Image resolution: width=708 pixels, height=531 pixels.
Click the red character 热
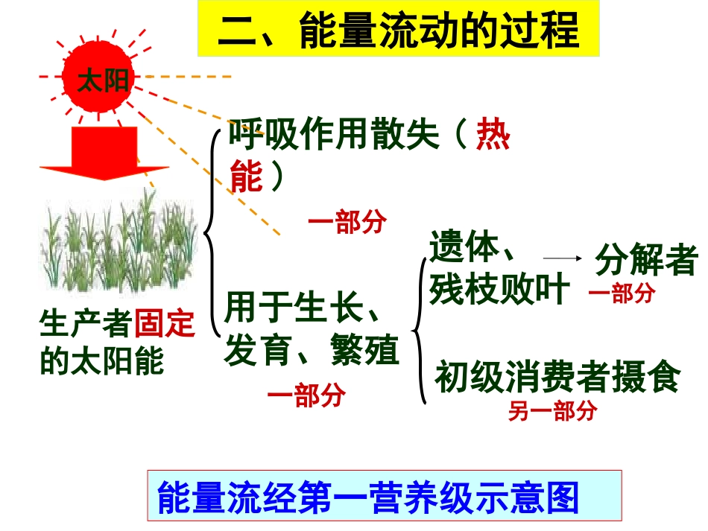pos(493,136)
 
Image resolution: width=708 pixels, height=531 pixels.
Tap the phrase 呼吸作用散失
pos(334,136)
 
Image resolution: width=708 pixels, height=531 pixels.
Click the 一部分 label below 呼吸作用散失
pos(347,222)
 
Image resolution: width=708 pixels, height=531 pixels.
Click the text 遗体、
pos(472,247)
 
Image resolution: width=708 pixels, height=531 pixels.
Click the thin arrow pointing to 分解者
pos(562,258)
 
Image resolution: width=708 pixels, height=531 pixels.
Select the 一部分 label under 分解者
pos(622,293)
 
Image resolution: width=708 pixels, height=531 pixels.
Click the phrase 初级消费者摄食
pos(557,377)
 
